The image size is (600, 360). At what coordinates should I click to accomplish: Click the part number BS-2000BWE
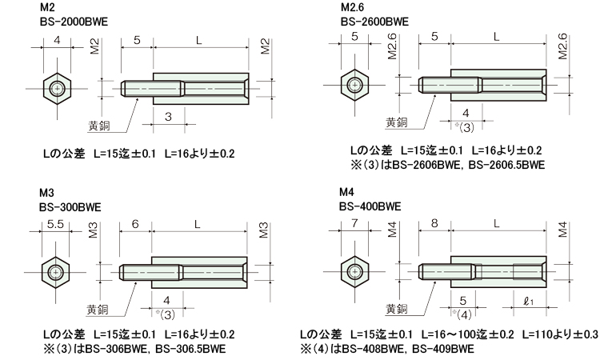(74, 22)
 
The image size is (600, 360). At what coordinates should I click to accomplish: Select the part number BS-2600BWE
(374, 22)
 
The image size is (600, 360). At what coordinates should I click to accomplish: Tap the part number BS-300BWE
(70, 207)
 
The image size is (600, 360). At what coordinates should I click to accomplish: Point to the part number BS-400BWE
(370, 206)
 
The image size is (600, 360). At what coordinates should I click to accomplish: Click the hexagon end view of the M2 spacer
(57, 89)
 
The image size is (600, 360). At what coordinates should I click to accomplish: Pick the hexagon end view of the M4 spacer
(354, 272)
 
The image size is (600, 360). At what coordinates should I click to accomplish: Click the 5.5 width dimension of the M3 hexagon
(55, 224)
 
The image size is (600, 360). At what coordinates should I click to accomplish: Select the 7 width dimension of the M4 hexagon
(354, 223)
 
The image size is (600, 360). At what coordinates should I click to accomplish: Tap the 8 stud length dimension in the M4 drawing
(434, 223)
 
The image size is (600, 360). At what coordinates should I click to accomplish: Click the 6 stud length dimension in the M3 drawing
(135, 224)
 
